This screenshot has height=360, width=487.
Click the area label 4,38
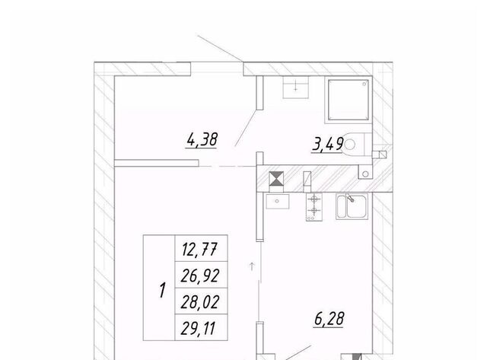[202, 140]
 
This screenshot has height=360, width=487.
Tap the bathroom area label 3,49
[327, 145]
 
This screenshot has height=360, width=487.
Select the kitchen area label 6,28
[329, 319]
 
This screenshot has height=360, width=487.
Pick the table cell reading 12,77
[201, 248]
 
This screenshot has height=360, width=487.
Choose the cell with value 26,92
[201, 275]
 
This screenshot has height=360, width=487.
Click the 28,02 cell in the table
[201, 301]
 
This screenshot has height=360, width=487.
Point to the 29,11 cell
[201, 327]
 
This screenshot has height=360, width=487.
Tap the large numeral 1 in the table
[162, 290]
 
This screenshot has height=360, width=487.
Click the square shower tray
[349, 100]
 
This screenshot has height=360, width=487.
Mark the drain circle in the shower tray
[364, 84]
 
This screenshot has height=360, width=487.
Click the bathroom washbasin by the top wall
[295, 88]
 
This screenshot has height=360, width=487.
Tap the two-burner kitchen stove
[314, 207]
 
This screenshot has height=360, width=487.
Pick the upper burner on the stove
[314, 198]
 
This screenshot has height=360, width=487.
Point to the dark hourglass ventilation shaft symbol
[276, 179]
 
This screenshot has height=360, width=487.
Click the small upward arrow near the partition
[252, 266]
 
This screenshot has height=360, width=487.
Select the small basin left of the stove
[277, 201]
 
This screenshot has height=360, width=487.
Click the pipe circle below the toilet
[365, 174]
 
